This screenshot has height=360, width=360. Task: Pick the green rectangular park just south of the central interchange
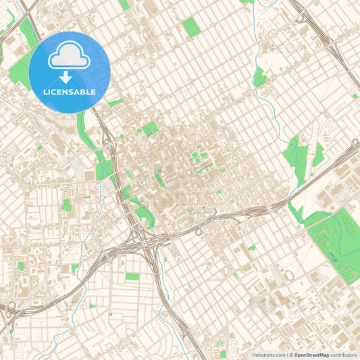tap(132, 277)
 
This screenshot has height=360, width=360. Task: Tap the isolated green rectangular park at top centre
tap(191, 27)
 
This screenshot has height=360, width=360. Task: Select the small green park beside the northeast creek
tap(259, 78)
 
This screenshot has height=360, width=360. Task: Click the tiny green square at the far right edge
tap(355, 96)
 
